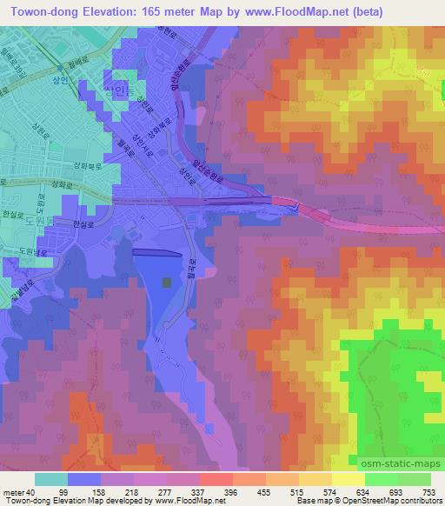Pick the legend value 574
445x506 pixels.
331,491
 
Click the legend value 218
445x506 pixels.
130,491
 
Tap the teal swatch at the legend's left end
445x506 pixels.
50,479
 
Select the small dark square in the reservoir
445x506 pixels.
167,282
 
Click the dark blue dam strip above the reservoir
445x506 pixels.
157,253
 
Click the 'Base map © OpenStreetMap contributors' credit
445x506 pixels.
369,501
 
